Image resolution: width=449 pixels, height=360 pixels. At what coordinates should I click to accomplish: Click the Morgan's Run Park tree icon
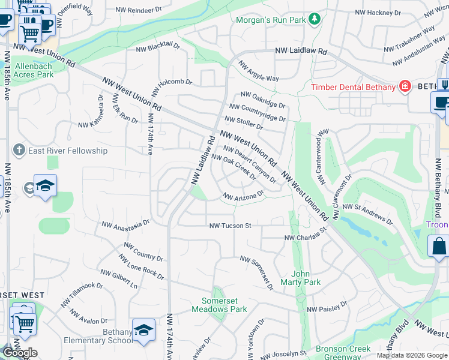[314, 20]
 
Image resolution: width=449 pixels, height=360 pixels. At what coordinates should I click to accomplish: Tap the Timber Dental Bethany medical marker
[405, 87]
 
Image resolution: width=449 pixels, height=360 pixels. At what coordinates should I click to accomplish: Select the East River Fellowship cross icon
[19, 150]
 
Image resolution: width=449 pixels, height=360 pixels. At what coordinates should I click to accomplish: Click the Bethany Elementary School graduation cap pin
[143, 331]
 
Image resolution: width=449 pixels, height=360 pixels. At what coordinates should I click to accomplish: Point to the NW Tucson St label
[229, 226]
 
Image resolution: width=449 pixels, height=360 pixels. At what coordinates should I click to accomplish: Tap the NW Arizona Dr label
[243, 196]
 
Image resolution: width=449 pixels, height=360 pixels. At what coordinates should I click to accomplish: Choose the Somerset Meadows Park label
[219, 305]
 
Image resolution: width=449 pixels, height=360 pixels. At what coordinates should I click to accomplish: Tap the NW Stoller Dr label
[244, 123]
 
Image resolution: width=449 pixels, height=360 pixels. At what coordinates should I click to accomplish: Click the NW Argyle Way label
[259, 71]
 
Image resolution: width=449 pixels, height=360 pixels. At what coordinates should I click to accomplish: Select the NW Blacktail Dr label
[158, 49]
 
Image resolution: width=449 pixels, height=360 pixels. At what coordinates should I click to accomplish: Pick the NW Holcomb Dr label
[171, 85]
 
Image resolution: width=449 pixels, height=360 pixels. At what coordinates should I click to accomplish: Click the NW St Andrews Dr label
[367, 214]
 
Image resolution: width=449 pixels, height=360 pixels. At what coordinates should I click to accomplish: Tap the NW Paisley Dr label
[327, 310]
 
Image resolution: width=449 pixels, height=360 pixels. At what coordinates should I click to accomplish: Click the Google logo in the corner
[20, 353]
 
